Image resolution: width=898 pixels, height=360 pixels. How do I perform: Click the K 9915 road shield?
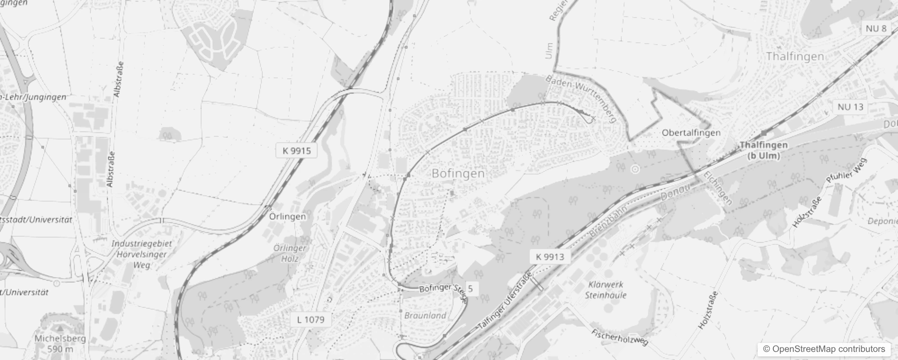click(296, 151)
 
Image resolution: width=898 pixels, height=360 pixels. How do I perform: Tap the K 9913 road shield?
click(550, 257)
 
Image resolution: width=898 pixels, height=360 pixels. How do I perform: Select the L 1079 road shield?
click(310, 319)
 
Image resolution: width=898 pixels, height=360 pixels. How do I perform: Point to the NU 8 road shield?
click(876, 29)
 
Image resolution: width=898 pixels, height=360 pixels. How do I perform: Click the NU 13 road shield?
click(851, 107)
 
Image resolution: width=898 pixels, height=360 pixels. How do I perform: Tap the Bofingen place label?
click(458, 174)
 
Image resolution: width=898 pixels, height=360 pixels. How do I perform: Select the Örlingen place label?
click(287, 216)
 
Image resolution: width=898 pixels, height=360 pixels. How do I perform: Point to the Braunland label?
click(425, 315)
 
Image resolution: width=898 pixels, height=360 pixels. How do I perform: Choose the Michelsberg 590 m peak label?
click(60, 343)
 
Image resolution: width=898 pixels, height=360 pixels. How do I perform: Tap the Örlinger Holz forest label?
click(290, 253)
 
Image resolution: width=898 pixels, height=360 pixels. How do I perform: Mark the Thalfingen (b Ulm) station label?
click(763, 150)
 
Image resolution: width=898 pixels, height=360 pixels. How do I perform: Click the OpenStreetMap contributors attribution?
click(823, 349)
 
